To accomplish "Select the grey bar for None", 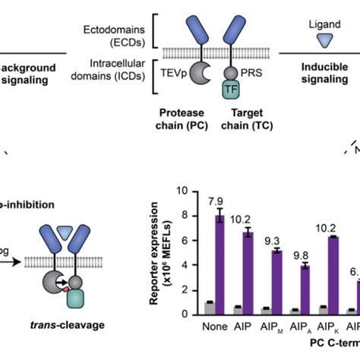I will click(x=209, y=308).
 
